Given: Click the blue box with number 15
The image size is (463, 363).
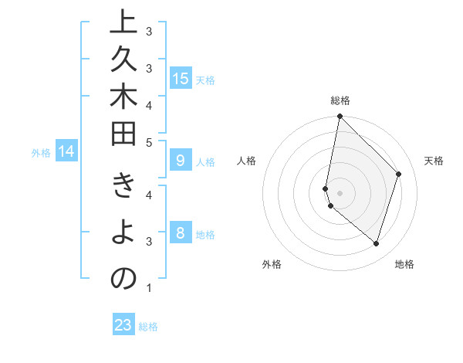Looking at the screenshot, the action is (x=181, y=78).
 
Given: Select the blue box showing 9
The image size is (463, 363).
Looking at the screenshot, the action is (x=181, y=161).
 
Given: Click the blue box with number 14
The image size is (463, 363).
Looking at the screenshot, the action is (x=66, y=151).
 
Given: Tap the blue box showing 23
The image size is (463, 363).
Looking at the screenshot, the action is (x=123, y=325).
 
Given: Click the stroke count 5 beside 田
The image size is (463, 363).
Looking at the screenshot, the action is (x=149, y=143).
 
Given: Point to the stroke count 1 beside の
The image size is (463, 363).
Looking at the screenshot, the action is (x=149, y=288).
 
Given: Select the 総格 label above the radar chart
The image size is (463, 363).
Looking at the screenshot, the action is (x=340, y=100).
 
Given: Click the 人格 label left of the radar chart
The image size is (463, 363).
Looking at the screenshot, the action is (x=247, y=161).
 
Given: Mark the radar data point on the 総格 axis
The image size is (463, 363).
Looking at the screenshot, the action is (x=340, y=116).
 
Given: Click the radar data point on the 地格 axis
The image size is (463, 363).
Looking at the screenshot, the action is (x=376, y=243).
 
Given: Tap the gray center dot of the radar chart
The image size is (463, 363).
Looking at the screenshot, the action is (x=340, y=192).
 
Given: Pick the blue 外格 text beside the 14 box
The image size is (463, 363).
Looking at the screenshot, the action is (x=40, y=152).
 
